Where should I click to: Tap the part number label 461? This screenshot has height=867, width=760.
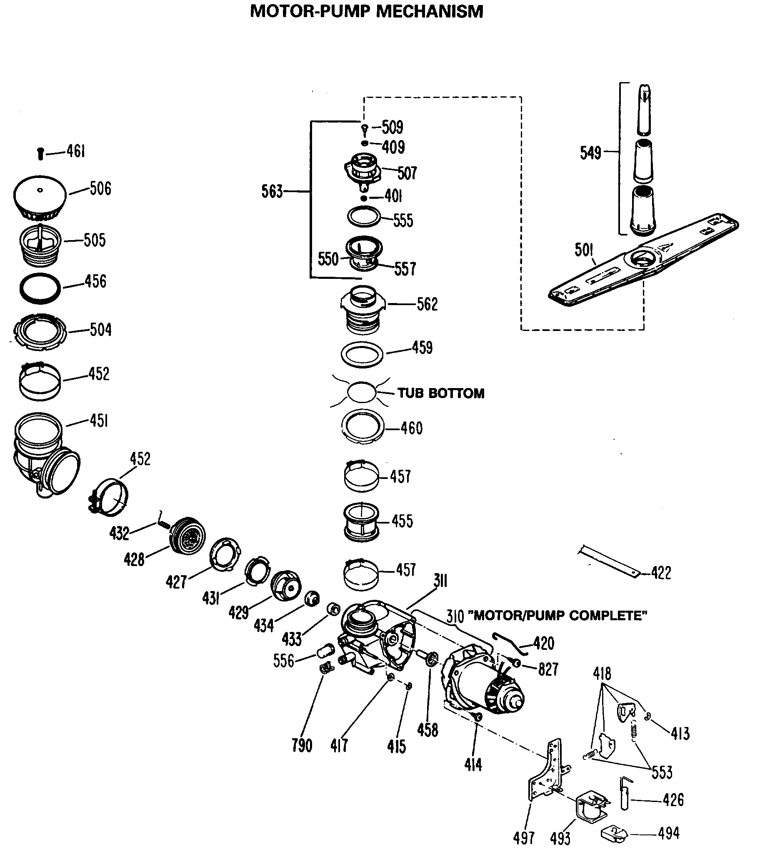click(76, 151)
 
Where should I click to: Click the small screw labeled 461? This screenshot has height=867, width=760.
click(40, 153)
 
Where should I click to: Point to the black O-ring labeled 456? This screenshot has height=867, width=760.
click(40, 288)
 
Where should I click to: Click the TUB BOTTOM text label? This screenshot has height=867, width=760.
click(441, 393)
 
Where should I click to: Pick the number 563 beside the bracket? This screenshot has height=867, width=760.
click(272, 192)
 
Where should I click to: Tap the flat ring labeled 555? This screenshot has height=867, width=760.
click(363, 217)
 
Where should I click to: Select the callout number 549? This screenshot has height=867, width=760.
click(590, 153)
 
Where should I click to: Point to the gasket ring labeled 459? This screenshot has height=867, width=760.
click(362, 354)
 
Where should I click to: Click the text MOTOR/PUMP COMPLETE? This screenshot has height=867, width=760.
click(560, 616)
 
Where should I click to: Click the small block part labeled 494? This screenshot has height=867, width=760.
click(613, 834)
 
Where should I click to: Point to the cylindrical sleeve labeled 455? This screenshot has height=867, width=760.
click(360, 522)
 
